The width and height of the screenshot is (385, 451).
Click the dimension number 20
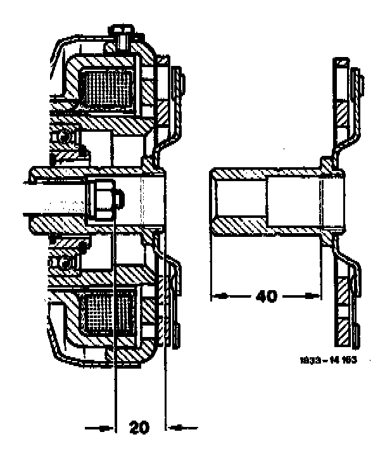140,428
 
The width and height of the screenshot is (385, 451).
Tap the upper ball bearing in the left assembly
65,137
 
